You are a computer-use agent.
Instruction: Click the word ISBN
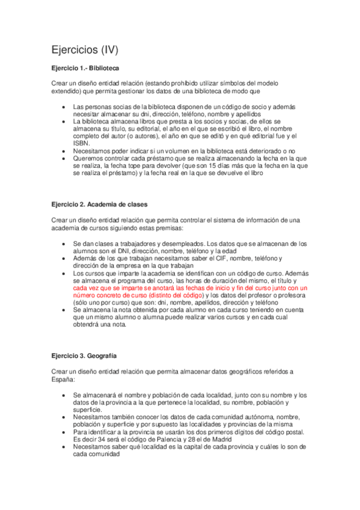82,143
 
